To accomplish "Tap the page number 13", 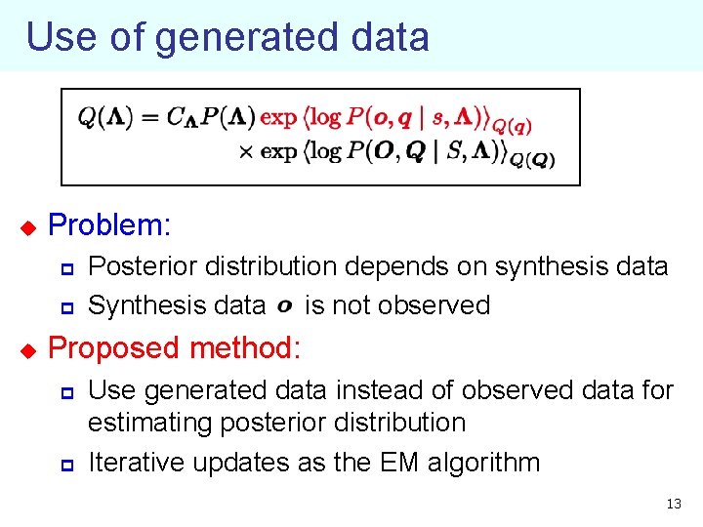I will [673, 505].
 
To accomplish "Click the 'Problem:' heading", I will [109, 225].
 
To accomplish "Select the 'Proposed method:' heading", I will [175, 348].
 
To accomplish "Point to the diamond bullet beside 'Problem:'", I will [27, 227].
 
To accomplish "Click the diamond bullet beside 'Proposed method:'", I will [27, 349].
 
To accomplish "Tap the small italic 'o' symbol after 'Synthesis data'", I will [284, 306].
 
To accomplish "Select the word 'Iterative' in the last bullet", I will [137, 463].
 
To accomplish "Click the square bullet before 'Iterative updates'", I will [67, 464].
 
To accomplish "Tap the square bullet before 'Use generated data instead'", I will [67, 391].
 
